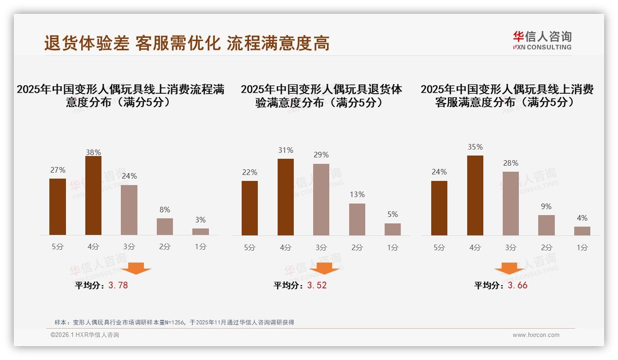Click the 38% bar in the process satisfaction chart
[93, 196]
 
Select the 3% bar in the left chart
[201, 232]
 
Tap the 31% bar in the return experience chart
[285, 197]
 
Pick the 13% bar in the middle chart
[357, 219]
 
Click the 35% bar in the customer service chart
[475, 195]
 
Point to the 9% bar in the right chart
[547, 225]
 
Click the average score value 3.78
[118, 285]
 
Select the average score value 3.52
[317, 285]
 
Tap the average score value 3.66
[517, 285]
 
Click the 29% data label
[321, 155]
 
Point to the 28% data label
[511, 163]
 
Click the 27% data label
[58, 169]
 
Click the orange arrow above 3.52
[324, 268]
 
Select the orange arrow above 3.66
[509, 268]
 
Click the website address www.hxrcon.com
[536, 335]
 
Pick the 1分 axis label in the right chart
[582, 247]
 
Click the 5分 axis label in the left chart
[58, 247]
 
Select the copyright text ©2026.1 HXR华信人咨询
[85, 335]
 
